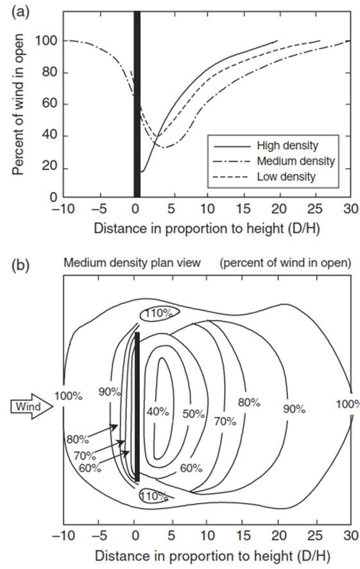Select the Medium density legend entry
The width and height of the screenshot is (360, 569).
pos(275,161)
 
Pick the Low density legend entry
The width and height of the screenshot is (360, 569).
pos(265,176)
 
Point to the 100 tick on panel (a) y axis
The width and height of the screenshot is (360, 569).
pos(46,40)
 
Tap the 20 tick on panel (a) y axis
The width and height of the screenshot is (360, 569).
pos(51,167)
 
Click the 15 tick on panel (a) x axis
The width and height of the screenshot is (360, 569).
pos(243,209)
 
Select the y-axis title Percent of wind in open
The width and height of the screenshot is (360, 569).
pos(18,105)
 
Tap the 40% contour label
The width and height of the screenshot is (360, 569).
pos(158,411)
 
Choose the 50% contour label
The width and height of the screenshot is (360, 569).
pos(193,414)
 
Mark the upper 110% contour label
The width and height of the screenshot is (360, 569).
pos(159,313)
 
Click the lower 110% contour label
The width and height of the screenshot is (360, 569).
pos(154,496)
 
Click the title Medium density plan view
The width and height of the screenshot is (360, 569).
pos(132,262)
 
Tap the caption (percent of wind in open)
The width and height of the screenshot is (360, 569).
pos(286,263)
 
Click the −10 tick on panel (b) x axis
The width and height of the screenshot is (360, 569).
pos(63,535)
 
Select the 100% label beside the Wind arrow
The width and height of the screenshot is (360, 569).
pos(68,396)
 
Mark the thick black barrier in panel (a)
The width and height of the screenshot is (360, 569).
pos(137,104)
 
